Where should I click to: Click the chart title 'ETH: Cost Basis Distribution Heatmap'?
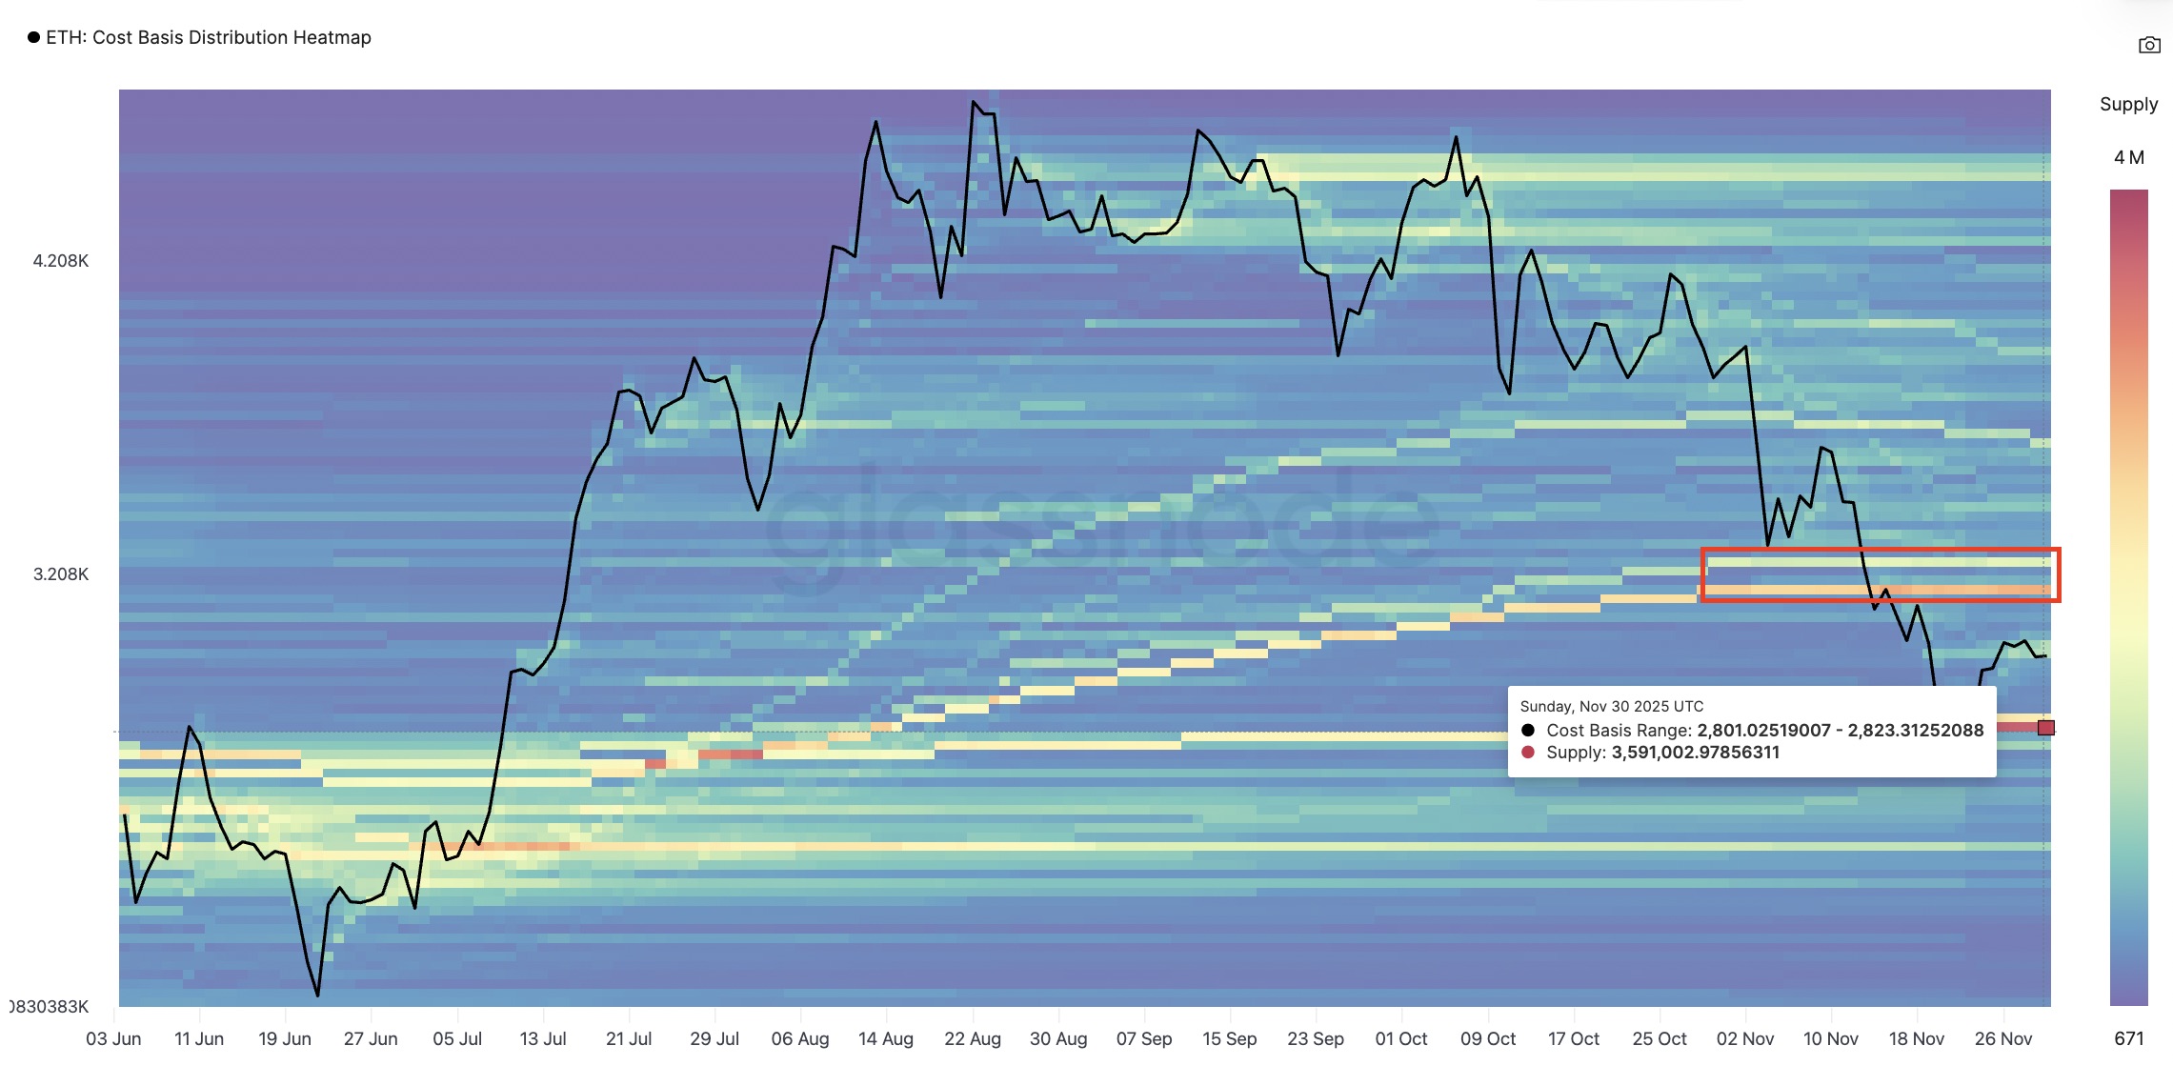(208, 37)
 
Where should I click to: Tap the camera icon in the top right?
(2149, 45)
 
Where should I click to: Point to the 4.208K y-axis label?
(61, 261)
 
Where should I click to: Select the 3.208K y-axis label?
(61, 574)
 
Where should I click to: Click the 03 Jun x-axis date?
(113, 1038)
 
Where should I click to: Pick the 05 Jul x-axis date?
(457, 1038)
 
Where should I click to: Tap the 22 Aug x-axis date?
(972, 1038)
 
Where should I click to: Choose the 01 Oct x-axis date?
(1400, 1038)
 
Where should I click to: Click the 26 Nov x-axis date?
(2002, 1038)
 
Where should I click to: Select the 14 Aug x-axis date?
(885, 1038)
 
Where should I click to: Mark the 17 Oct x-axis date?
(1573, 1038)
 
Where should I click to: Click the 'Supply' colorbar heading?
(2128, 105)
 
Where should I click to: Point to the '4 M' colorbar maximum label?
(2128, 157)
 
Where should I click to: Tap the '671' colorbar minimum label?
(2128, 1038)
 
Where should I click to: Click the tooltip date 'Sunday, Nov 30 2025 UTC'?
(1611, 707)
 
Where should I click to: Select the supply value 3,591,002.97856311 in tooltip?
(1695, 753)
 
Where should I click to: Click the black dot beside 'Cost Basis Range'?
(1528, 731)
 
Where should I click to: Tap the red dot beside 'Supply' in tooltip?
(1528, 753)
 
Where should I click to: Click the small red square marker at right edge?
(2045, 728)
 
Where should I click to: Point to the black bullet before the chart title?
(34, 37)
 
